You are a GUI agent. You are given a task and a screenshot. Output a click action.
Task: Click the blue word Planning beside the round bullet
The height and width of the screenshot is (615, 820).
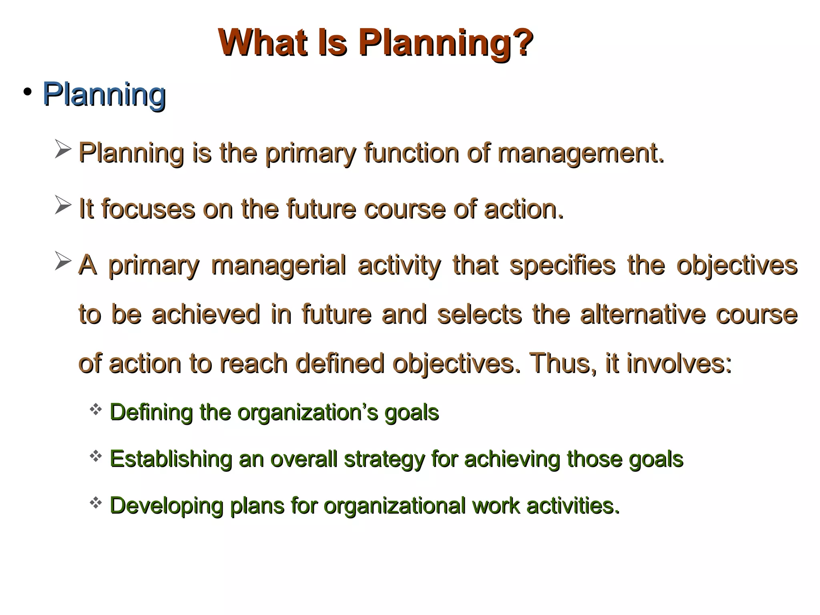104,94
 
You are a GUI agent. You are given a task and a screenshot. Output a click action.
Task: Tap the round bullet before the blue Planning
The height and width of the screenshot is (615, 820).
27,93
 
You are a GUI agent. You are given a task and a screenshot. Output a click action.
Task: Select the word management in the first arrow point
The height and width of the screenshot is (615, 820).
580,153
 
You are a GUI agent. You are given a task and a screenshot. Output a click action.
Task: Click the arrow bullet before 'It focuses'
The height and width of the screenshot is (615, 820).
63,205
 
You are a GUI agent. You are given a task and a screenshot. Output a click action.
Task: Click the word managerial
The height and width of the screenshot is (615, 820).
278,266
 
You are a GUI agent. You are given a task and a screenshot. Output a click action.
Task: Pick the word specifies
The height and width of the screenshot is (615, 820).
562,266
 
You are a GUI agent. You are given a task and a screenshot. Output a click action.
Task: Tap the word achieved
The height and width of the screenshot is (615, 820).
206,314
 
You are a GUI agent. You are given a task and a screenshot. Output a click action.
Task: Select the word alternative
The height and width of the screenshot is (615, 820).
642,314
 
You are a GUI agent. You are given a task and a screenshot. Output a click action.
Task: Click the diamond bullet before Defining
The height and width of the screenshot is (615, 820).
96,409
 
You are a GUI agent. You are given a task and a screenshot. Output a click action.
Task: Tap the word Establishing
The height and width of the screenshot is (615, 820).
171,459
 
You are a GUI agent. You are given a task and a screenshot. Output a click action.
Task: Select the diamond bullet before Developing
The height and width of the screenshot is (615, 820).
96,502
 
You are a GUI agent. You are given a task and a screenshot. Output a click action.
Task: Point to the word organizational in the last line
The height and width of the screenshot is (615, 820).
394,506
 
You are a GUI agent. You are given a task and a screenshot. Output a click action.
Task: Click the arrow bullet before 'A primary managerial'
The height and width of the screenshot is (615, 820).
63,261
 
